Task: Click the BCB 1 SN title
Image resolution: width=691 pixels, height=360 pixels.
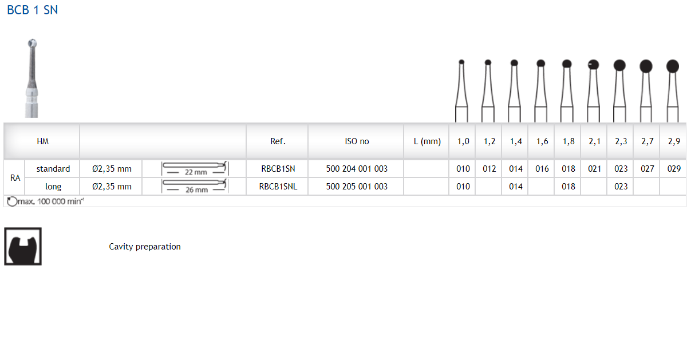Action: (33, 10)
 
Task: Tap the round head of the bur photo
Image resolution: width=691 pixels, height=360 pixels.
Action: (33, 43)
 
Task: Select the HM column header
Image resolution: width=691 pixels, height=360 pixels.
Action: (42, 141)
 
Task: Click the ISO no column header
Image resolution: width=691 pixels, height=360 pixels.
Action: (357, 141)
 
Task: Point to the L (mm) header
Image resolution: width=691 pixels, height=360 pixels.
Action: (427, 141)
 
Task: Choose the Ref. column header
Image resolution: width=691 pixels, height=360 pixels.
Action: (278, 141)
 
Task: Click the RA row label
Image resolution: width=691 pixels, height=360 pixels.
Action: (15, 177)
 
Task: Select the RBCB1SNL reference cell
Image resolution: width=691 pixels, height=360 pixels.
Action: (278, 187)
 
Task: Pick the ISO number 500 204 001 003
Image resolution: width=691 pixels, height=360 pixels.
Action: (357, 169)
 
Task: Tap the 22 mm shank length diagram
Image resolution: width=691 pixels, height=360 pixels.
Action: (195, 169)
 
